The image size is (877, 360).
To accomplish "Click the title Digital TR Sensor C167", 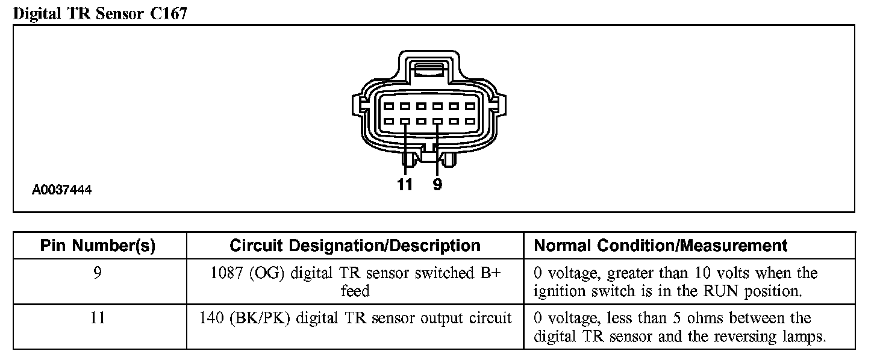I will tap(100, 14).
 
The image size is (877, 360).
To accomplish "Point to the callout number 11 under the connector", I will tap(405, 185).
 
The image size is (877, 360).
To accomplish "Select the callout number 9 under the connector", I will tap(437, 185).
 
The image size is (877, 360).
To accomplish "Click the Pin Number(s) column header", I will tap(98, 246).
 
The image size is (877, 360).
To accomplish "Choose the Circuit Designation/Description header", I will tap(355, 246).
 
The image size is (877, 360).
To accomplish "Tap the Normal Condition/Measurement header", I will tap(661, 246).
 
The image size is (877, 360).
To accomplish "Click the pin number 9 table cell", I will tap(98, 273).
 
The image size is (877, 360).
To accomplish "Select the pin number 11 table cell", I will tap(98, 318).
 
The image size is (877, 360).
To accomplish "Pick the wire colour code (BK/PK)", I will tap(255, 318).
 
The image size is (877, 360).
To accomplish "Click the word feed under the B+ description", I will tap(355, 291).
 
